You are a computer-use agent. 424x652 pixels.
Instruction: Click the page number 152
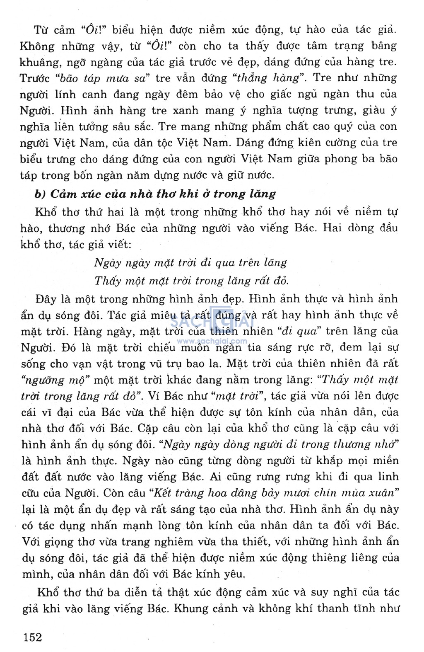click(x=33, y=637)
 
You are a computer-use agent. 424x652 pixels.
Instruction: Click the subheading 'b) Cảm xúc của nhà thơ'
click(x=155, y=194)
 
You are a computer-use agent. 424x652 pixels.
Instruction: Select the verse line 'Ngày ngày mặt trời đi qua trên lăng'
click(x=190, y=262)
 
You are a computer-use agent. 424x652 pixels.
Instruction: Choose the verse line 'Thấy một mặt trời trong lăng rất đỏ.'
click(x=191, y=281)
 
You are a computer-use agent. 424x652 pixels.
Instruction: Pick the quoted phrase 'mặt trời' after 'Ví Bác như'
click(x=238, y=396)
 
